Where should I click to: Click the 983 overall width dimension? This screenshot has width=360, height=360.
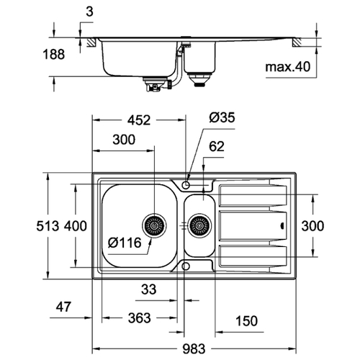click(x=194, y=348)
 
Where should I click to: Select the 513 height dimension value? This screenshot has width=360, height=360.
click(x=48, y=226)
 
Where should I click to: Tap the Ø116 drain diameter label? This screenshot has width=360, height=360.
click(x=125, y=243)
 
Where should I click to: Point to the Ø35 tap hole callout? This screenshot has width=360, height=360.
click(x=222, y=117)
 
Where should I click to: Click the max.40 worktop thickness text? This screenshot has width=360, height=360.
click(x=288, y=67)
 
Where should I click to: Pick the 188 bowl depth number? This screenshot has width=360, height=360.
click(x=54, y=54)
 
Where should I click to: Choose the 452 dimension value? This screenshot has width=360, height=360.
click(x=139, y=120)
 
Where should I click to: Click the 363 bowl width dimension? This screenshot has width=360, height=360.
click(x=139, y=318)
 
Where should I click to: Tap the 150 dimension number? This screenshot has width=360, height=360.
click(x=246, y=321)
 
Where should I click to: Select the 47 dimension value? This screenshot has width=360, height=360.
click(x=63, y=307)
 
